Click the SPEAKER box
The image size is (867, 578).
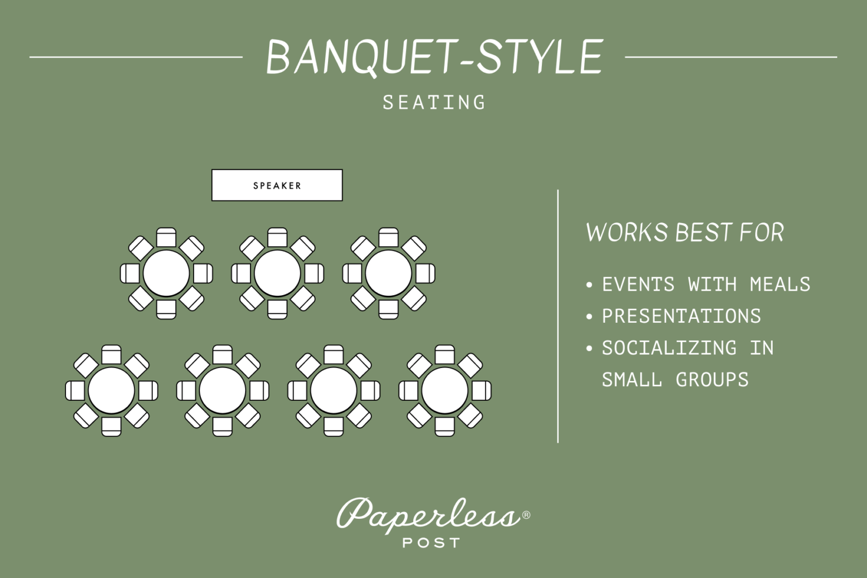tap(277, 185)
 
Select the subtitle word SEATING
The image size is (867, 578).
tap(434, 103)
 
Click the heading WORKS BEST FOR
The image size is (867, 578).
tap(685, 233)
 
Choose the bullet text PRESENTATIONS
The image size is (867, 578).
tap(681, 316)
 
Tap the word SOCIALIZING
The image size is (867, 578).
tap(669, 348)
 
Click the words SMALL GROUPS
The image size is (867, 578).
tap(675, 379)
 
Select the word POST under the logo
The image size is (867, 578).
tap(431, 543)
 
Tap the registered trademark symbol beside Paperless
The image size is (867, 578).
tap(526, 515)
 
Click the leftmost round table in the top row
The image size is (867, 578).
tap(166, 274)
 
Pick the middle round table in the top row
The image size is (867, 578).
tap(277, 274)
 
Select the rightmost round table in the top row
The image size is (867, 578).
tap(388, 274)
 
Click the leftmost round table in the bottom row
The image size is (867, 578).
tap(111, 391)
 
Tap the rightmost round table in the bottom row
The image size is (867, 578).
tap(445, 391)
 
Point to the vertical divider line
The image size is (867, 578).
tap(558, 316)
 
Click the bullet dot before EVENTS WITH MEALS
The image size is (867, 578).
tap(589, 284)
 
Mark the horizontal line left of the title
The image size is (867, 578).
tap(135, 57)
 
